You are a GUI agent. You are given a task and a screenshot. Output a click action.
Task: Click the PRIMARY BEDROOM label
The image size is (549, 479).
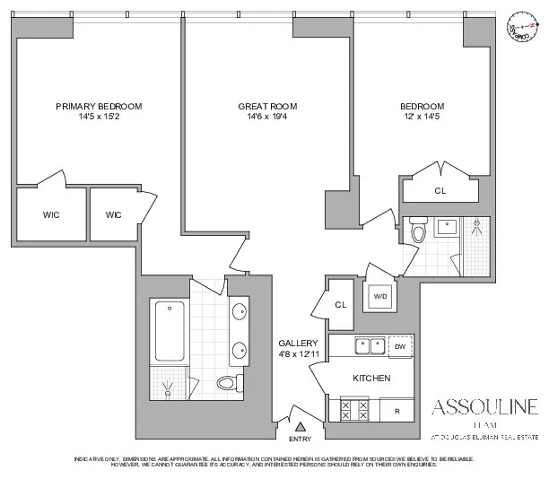pyautogui.click(x=99, y=106)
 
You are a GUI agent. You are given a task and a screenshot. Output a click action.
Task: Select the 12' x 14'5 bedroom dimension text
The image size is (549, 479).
pyautogui.click(x=422, y=117)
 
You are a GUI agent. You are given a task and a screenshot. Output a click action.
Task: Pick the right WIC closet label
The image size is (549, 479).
pyautogui.click(x=113, y=215)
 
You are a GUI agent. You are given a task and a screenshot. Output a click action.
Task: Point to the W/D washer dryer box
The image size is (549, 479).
pyautogui.click(x=379, y=296)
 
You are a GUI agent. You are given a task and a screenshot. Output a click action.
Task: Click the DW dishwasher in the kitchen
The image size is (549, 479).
pyautogui.click(x=399, y=346)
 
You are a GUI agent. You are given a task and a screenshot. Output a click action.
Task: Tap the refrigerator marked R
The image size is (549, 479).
pyautogui.click(x=396, y=412)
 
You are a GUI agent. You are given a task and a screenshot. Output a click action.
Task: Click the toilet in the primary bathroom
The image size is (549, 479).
pyautogui.click(x=227, y=384)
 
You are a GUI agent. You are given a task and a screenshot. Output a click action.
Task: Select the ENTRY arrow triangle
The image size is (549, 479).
pyautogui.click(x=301, y=427)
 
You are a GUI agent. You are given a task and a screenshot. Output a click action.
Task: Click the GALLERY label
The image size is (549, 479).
pyautogui.click(x=295, y=344)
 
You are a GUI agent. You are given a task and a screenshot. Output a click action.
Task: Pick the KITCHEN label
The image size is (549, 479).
pyautogui.click(x=370, y=379)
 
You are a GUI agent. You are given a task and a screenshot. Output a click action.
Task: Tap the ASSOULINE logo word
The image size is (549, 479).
pyautogui.click(x=485, y=405)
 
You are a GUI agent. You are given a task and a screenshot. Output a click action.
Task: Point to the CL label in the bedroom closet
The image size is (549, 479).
pyautogui.click(x=440, y=190)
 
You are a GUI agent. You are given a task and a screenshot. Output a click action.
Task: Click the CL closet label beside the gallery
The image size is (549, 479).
pyautogui.click(x=340, y=305)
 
